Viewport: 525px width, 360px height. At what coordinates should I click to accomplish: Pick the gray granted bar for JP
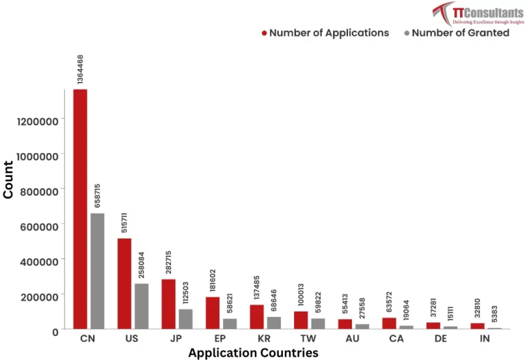[x=186, y=319]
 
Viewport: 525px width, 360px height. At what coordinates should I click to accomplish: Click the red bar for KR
[x=256, y=317]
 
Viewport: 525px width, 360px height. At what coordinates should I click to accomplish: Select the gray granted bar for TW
[x=319, y=323]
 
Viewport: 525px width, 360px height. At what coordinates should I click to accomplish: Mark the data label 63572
[x=389, y=301]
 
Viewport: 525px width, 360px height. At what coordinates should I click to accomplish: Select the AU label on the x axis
[x=353, y=338]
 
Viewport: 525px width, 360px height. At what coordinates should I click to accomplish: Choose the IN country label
[x=485, y=338]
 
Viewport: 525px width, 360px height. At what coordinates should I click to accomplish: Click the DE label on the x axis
[x=441, y=338]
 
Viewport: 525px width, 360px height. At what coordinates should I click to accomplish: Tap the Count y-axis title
[x=9, y=180]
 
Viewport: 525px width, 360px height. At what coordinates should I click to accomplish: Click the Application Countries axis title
[x=253, y=352]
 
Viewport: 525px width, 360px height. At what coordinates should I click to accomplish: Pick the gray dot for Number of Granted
[x=406, y=33]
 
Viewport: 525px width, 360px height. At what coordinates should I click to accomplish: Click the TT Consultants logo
[x=478, y=13]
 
